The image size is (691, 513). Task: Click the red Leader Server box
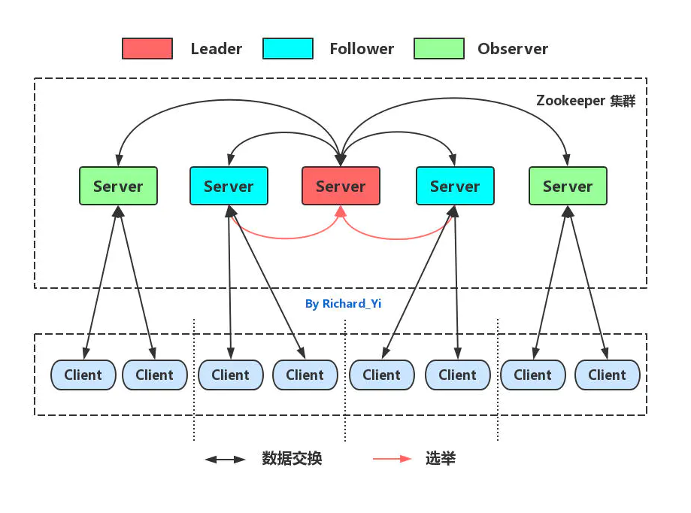[341, 186]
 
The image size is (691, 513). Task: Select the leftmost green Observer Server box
[118, 186]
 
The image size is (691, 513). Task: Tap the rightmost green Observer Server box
[568, 186]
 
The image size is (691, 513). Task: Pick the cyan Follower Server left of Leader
[229, 186]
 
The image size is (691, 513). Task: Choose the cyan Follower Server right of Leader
[455, 186]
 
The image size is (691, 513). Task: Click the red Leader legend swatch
[147, 49]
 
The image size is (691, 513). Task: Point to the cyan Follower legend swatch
[288, 49]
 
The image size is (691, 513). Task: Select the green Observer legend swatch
[439, 49]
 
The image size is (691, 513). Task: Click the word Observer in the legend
[513, 49]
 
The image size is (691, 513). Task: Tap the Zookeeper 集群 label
[586, 101]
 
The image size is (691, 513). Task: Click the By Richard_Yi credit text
[343, 304]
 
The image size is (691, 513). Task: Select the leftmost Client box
[83, 375]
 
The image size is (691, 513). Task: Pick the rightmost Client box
[607, 375]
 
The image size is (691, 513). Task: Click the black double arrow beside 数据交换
[226, 459]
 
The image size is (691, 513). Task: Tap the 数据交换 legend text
[292, 459]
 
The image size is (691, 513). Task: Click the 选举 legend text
[441, 459]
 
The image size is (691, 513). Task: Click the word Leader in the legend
[217, 49]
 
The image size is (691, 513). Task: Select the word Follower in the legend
[362, 49]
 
